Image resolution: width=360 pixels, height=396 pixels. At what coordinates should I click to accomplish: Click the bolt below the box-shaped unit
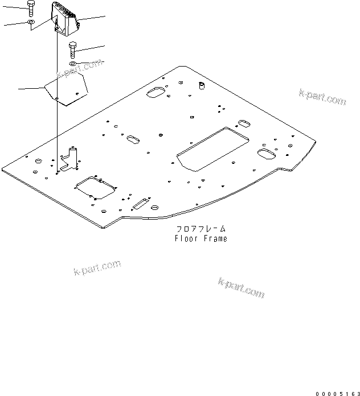(x=72, y=50)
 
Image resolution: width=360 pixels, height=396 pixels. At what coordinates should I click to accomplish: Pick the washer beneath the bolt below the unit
(x=73, y=64)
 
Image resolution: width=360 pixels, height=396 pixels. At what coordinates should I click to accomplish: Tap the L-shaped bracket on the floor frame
(x=71, y=160)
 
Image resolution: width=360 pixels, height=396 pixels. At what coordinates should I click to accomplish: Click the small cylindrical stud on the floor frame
(x=201, y=86)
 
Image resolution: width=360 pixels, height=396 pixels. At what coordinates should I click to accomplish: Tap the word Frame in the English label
(x=215, y=238)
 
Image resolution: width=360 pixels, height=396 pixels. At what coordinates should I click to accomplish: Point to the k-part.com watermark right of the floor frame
(x=322, y=97)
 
